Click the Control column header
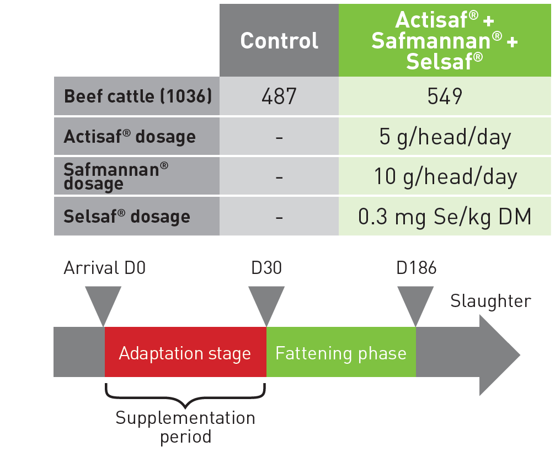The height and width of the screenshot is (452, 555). (279, 40)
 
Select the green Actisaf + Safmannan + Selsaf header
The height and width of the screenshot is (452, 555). (445, 40)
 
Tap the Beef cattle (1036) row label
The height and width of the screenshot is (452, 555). (137, 96)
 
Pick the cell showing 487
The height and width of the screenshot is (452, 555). (279, 96)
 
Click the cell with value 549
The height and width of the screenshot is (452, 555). (445, 96)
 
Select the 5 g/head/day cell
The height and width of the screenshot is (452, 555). (445, 137)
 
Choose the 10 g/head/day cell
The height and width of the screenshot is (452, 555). (445, 176)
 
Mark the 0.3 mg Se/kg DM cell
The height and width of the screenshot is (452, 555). (445, 216)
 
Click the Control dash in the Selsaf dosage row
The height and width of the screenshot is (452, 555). (279, 217)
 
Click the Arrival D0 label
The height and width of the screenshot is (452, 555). (105, 268)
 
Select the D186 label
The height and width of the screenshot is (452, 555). (416, 268)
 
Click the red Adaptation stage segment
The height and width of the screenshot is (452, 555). (185, 352)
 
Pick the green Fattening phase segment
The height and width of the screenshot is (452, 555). (341, 352)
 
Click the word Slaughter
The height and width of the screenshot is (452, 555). (490, 302)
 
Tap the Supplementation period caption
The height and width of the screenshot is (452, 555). (185, 427)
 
